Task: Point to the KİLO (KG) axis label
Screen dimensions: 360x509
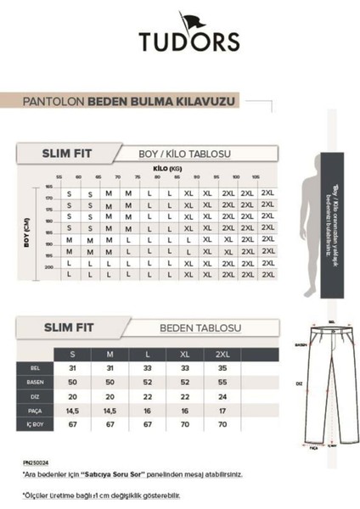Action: [167, 169]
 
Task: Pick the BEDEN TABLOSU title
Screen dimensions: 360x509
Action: [201, 327]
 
